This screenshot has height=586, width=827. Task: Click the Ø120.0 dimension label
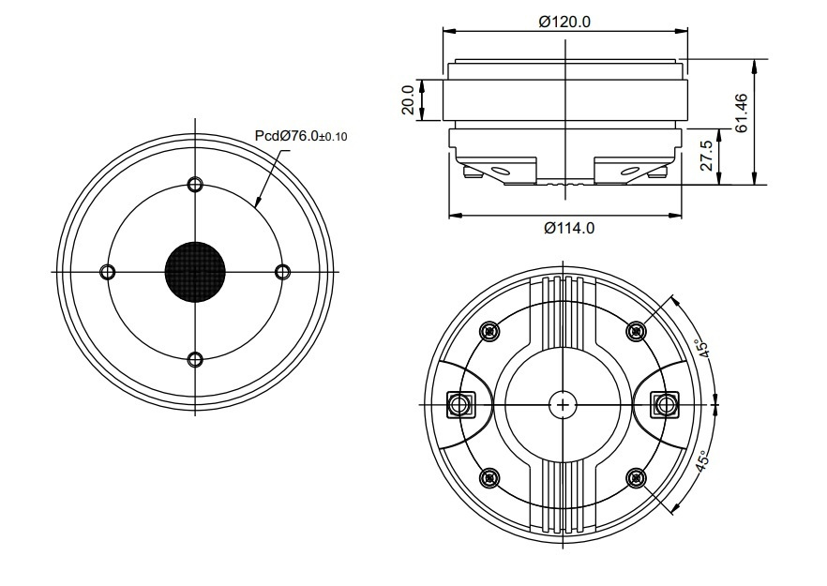click(564, 23)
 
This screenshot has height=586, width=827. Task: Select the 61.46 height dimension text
click(742, 113)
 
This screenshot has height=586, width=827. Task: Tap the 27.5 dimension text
click(708, 155)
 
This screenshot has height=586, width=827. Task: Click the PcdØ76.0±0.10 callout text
click(301, 136)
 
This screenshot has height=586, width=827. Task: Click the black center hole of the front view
click(196, 272)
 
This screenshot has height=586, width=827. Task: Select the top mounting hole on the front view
click(195, 184)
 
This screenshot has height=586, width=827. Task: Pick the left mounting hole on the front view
click(107, 272)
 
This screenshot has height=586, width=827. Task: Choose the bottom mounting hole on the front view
click(195, 359)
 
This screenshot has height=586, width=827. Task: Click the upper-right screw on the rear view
click(637, 331)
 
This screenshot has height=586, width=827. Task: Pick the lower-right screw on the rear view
click(637, 479)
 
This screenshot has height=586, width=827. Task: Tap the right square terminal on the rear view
click(666, 405)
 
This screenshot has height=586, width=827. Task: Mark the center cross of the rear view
click(562, 405)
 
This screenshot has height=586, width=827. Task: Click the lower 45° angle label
click(700, 460)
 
